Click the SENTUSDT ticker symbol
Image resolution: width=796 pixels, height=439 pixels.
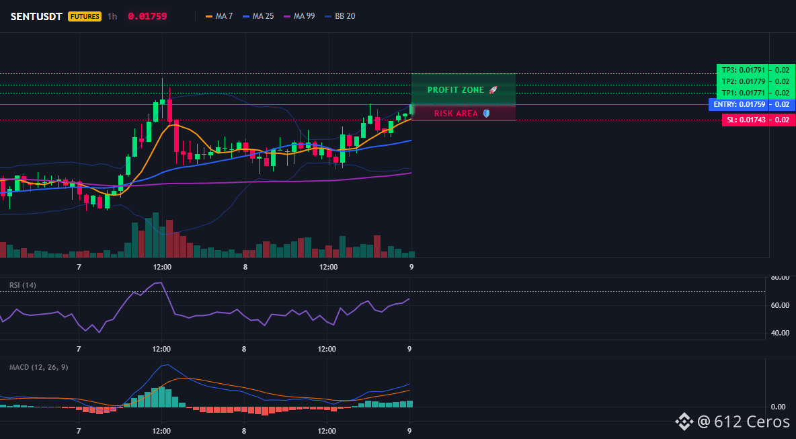pos(36,16)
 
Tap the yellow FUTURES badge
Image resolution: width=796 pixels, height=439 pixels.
pos(85,16)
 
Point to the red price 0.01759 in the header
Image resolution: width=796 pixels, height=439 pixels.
pos(147,16)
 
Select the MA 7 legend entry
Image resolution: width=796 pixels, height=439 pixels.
pos(219,16)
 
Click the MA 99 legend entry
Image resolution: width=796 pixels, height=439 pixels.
pos(299,16)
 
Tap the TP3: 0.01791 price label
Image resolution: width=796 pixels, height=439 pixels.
pos(742,70)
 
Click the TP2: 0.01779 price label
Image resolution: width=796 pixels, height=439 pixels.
pos(742,81)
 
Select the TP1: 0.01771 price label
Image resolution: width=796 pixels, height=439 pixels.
pos(742,93)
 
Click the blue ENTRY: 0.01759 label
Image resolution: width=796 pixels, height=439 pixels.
pos(738,105)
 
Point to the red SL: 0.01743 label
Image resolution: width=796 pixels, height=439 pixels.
pos(745,120)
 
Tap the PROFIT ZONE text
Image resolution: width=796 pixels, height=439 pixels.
pos(456,90)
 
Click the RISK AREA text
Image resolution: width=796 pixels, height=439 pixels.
pos(456,114)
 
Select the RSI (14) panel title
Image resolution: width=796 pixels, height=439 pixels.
pos(23,285)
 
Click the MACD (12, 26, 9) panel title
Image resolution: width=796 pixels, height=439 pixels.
pos(38,367)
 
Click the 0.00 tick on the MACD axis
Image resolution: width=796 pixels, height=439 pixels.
pos(779,407)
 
